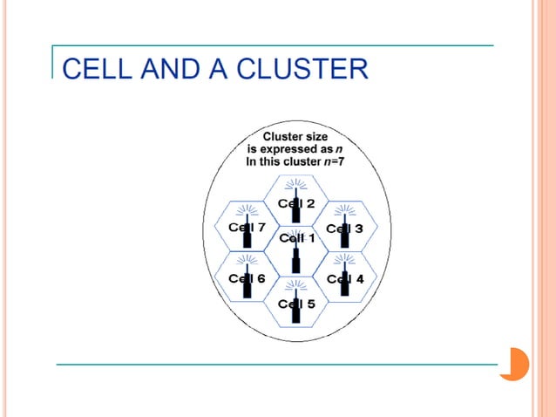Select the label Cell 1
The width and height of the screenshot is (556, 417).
tap(297, 237)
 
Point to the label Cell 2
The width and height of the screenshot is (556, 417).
tap(296, 203)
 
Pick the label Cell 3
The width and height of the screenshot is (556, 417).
tap(345, 228)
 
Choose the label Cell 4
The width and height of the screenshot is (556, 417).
tap(345, 278)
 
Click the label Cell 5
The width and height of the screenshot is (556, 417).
tap(296, 304)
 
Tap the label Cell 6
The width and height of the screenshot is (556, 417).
tap(247, 278)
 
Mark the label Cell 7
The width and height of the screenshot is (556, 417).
tap(247, 228)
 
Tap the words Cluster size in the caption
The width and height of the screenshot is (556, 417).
tap(296, 137)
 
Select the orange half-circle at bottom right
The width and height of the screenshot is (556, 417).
tap(515, 364)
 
